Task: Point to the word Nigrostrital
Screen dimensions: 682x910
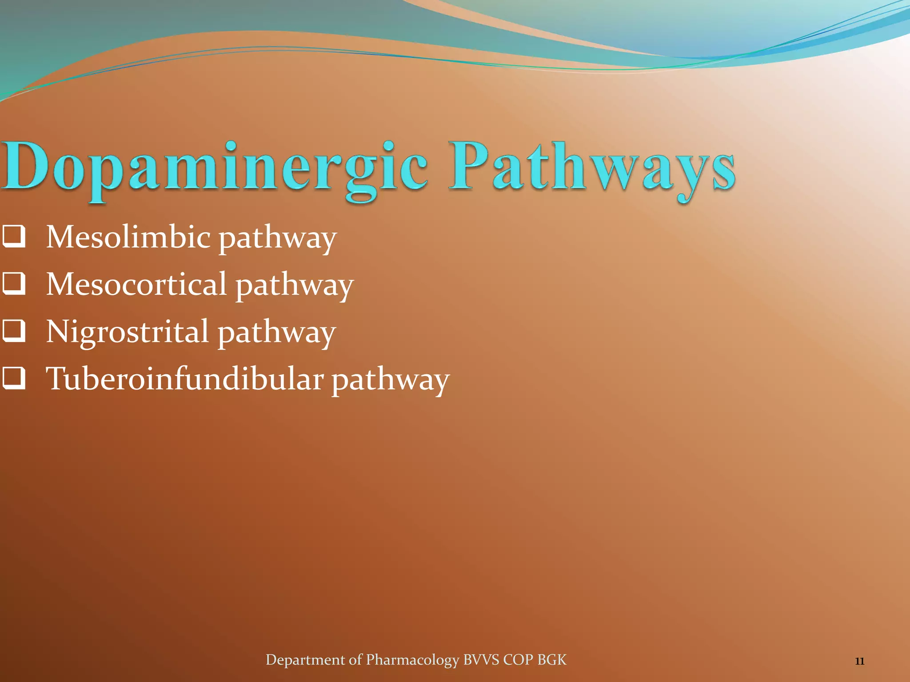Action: [127, 332]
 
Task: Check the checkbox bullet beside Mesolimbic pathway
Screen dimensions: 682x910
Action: [14, 237]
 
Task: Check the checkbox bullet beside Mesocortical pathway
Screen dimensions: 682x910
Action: [14, 284]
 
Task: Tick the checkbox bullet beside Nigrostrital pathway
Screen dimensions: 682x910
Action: [14, 332]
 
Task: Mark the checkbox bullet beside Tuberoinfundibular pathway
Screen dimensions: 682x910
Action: [14, 379]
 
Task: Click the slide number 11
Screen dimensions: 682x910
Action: [859, 662]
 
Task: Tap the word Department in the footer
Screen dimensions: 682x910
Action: [305, 660]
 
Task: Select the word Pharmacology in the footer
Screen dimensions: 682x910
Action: [412, 660]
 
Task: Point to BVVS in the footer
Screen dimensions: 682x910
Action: [481, 660]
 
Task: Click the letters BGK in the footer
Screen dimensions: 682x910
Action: [552, 660]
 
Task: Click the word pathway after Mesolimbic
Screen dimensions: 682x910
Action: [277, 238]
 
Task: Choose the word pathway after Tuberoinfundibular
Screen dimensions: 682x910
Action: [390, 381]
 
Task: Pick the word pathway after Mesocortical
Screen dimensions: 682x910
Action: [294, 286]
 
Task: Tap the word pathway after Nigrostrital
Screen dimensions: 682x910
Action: [276, 333]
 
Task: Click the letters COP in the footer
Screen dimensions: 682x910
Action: [518, 660]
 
